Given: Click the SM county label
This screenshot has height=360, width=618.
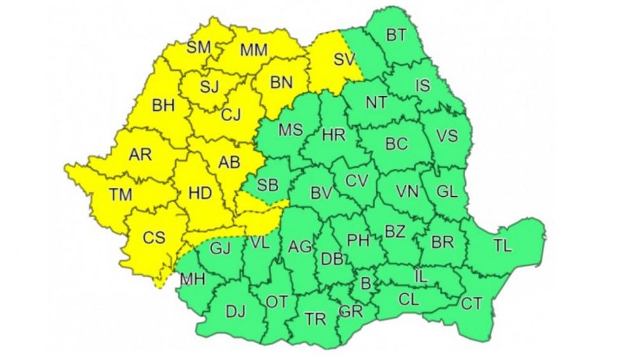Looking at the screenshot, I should (x=200, y=47).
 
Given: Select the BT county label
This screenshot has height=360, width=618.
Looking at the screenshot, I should (x=396, y=36).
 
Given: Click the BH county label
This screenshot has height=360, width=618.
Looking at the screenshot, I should (x=163, y=106).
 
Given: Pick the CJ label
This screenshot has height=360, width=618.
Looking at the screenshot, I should (x=231, y=115).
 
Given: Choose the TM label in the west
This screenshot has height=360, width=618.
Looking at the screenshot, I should (x=120, y=194).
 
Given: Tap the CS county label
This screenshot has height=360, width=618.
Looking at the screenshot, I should (x=154, y=238).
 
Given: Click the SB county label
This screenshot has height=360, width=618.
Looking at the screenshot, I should (x=268, y=185).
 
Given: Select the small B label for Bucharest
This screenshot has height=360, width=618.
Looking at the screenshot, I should (x=366, y=283).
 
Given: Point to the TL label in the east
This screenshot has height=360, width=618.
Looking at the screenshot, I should (x=503, y=247).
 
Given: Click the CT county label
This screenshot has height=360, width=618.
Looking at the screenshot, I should (x=471, y=304).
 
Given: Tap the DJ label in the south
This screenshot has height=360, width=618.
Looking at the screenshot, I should (x=235, y=311).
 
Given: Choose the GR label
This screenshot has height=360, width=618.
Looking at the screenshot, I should (x=351, y=312).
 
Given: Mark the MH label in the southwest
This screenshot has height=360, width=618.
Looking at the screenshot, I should (x=192, y=278).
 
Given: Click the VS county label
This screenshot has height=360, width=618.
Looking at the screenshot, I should (x=447, y=135).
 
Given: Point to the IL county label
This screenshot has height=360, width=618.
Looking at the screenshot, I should (x=420, y=277).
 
